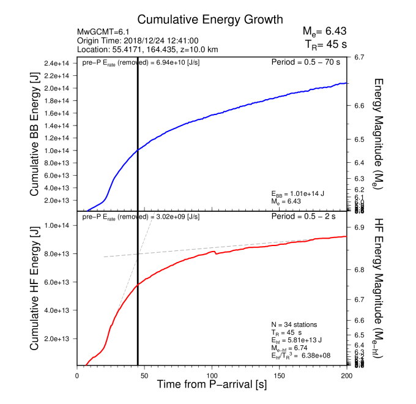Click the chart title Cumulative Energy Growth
click(x=201, y=20)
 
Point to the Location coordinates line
click(x=148, y=49)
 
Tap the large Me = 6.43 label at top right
click(x=324, y=31)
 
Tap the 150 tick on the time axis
click(x=280, y=375)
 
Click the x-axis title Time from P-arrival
click(x=211, y=385)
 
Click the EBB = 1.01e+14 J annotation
click(x=298, y=193)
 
